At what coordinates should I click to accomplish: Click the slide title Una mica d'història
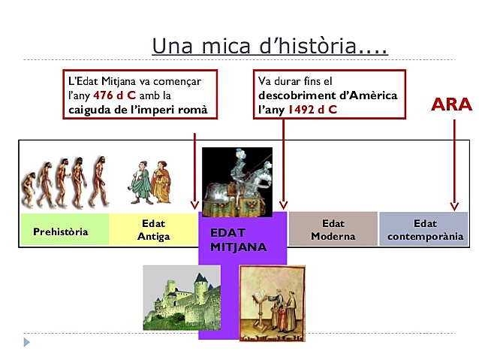[x=270, y=46]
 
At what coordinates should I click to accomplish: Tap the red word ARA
[x=451, y=104]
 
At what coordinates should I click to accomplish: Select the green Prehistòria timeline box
[x=61, y=231]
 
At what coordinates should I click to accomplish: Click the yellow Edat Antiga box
[x=153, y=230]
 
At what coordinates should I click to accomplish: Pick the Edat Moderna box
[x=333, y=230]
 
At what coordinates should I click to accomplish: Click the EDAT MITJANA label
[x=239, y=239]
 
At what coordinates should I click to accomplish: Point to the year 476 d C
[x=114, y=96]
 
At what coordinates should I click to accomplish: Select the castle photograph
[x=182, y=298]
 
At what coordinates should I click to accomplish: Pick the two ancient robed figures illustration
[x=149, y=182]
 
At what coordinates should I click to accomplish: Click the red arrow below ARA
[x=453, y=165]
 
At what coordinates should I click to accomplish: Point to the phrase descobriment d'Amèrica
[x=327, y=96]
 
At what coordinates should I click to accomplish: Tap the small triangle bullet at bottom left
[x=27, y=342]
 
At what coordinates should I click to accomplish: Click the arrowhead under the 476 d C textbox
[x=194, y=204]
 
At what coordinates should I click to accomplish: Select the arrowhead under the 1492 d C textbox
[x=283, y=204]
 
